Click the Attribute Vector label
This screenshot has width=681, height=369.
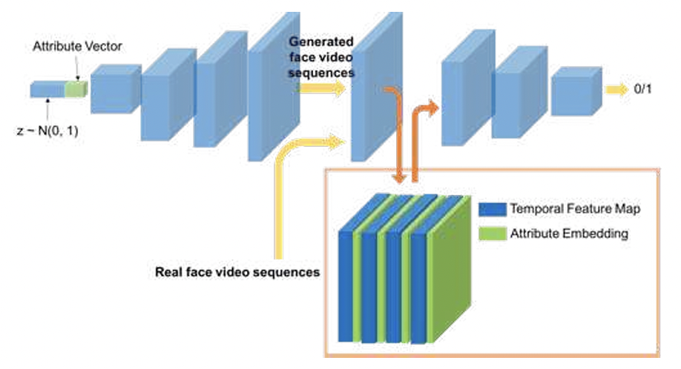[77, 47]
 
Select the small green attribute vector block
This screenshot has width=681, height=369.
[76, 90]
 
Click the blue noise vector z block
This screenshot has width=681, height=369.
[47, 90]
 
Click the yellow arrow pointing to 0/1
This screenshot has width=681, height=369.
[615, 90]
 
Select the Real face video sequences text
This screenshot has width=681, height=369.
[237, 272]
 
